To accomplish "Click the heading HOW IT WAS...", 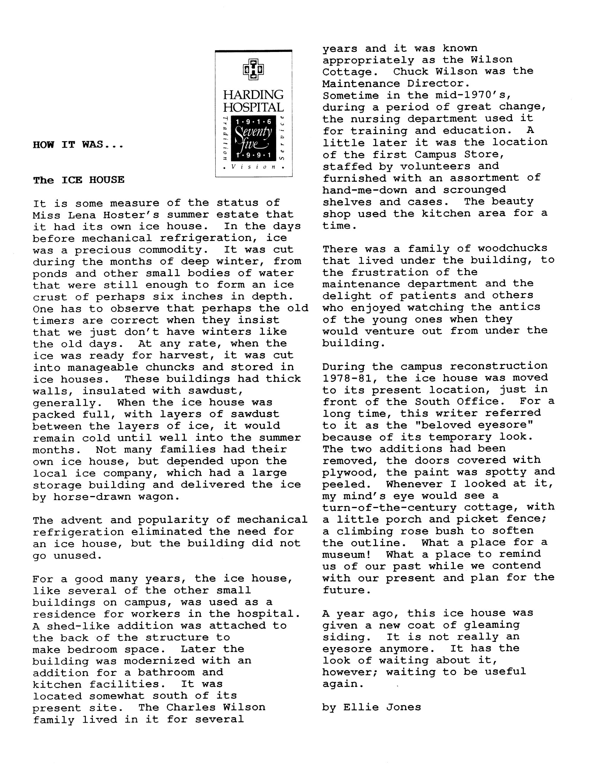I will tap(78, 145).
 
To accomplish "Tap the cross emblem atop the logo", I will tap(253, 69).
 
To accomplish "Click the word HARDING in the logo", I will tap(253, 95).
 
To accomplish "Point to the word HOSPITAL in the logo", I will tap(253, 107).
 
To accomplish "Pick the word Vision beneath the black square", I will tap(254, 167).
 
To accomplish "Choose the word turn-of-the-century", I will tap(389, 507).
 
